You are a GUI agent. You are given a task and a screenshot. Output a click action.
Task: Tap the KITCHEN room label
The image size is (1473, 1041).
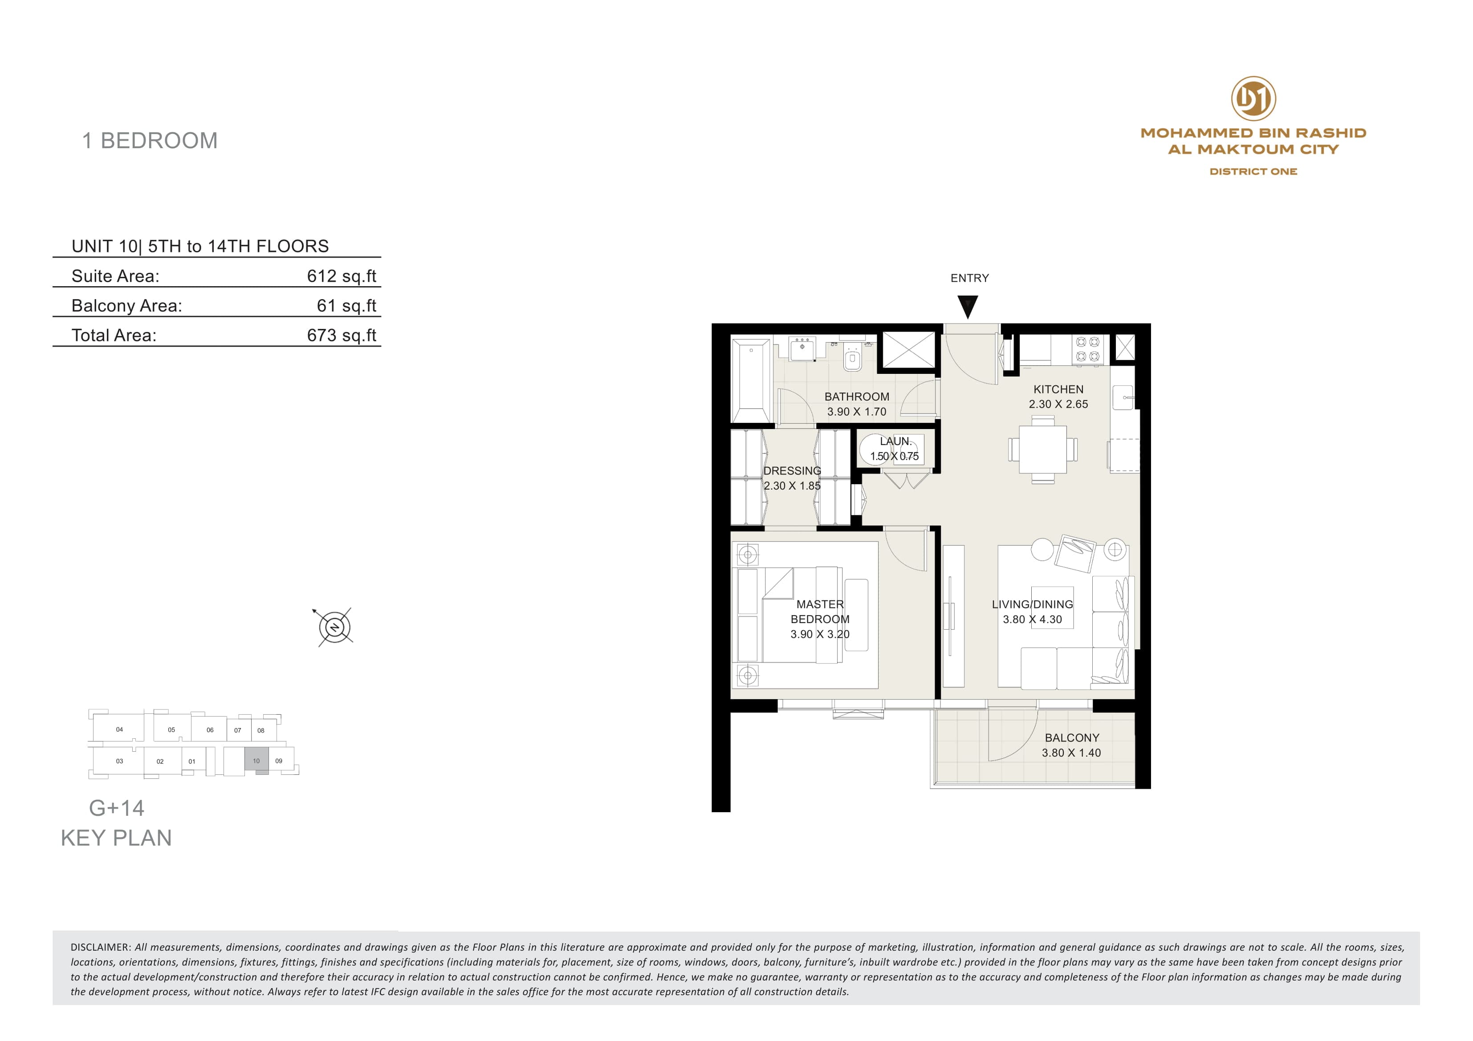coord(1058,389)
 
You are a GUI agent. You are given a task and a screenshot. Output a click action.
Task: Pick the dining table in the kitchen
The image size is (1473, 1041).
coord(1042,449)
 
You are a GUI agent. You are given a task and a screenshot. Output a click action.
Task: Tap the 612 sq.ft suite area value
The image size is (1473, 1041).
coord(341,276)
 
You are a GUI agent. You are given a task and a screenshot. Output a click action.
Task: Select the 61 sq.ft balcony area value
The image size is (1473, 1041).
coord(346,305)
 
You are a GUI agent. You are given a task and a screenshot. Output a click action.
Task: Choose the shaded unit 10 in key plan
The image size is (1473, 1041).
coord(256,760)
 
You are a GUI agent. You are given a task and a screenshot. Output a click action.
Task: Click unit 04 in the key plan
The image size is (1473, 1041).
coord(119,729)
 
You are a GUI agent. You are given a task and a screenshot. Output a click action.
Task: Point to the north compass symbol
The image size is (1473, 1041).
coord(335,627)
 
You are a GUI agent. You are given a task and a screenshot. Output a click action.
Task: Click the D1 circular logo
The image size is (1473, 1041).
coord(1253,99)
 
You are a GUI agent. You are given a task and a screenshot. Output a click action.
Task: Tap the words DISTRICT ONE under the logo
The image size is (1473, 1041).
coord(1253,171)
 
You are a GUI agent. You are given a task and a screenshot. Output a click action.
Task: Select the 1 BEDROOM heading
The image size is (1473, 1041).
coord(150,141)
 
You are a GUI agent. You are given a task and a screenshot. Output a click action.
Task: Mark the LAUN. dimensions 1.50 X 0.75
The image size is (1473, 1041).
coord(894,456)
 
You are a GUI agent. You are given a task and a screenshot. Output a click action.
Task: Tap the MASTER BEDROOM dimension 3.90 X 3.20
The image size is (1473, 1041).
coord(820,634)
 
